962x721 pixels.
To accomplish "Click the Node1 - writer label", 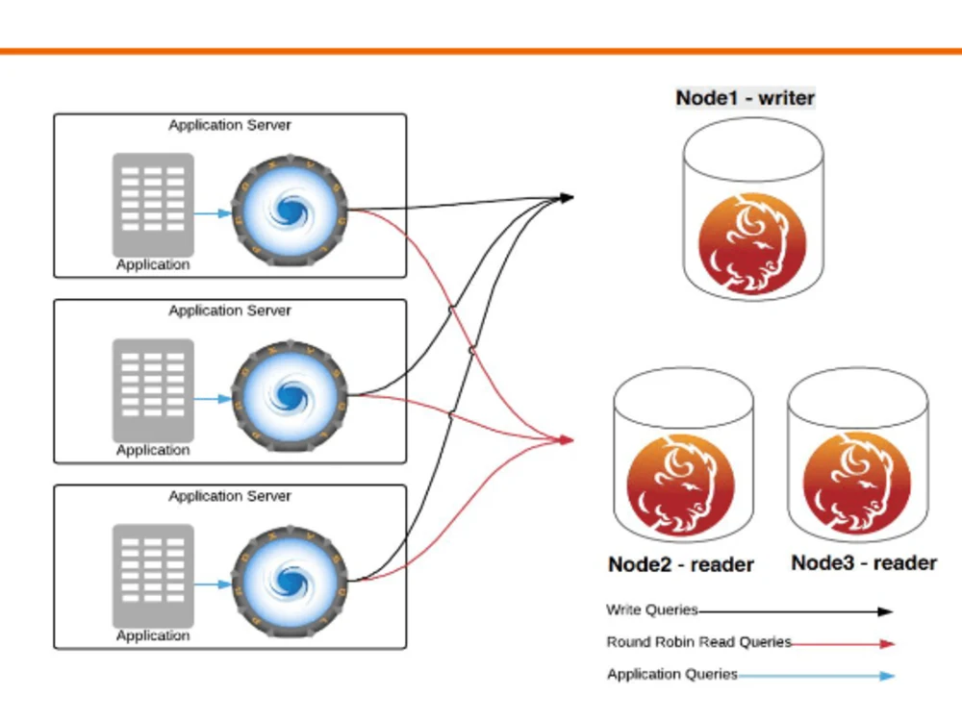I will (746, 98).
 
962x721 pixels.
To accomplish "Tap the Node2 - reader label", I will (681, 564).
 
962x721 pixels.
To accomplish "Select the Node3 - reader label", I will (864, 563).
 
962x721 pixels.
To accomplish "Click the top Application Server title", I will (230, 125).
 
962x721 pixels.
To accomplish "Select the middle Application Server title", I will (230, 311).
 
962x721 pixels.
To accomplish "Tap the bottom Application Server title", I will (230, 496).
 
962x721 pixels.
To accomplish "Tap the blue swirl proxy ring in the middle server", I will (289, 395).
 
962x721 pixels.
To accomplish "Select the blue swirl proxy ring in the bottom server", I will (289, 581).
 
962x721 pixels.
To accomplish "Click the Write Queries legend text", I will (651, 610).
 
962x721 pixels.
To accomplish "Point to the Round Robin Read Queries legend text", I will (698, 642).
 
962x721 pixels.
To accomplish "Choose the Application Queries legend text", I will (671, 675).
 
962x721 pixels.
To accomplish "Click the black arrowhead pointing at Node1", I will (567, 198).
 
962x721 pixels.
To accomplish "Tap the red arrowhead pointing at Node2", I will (567, 440).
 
